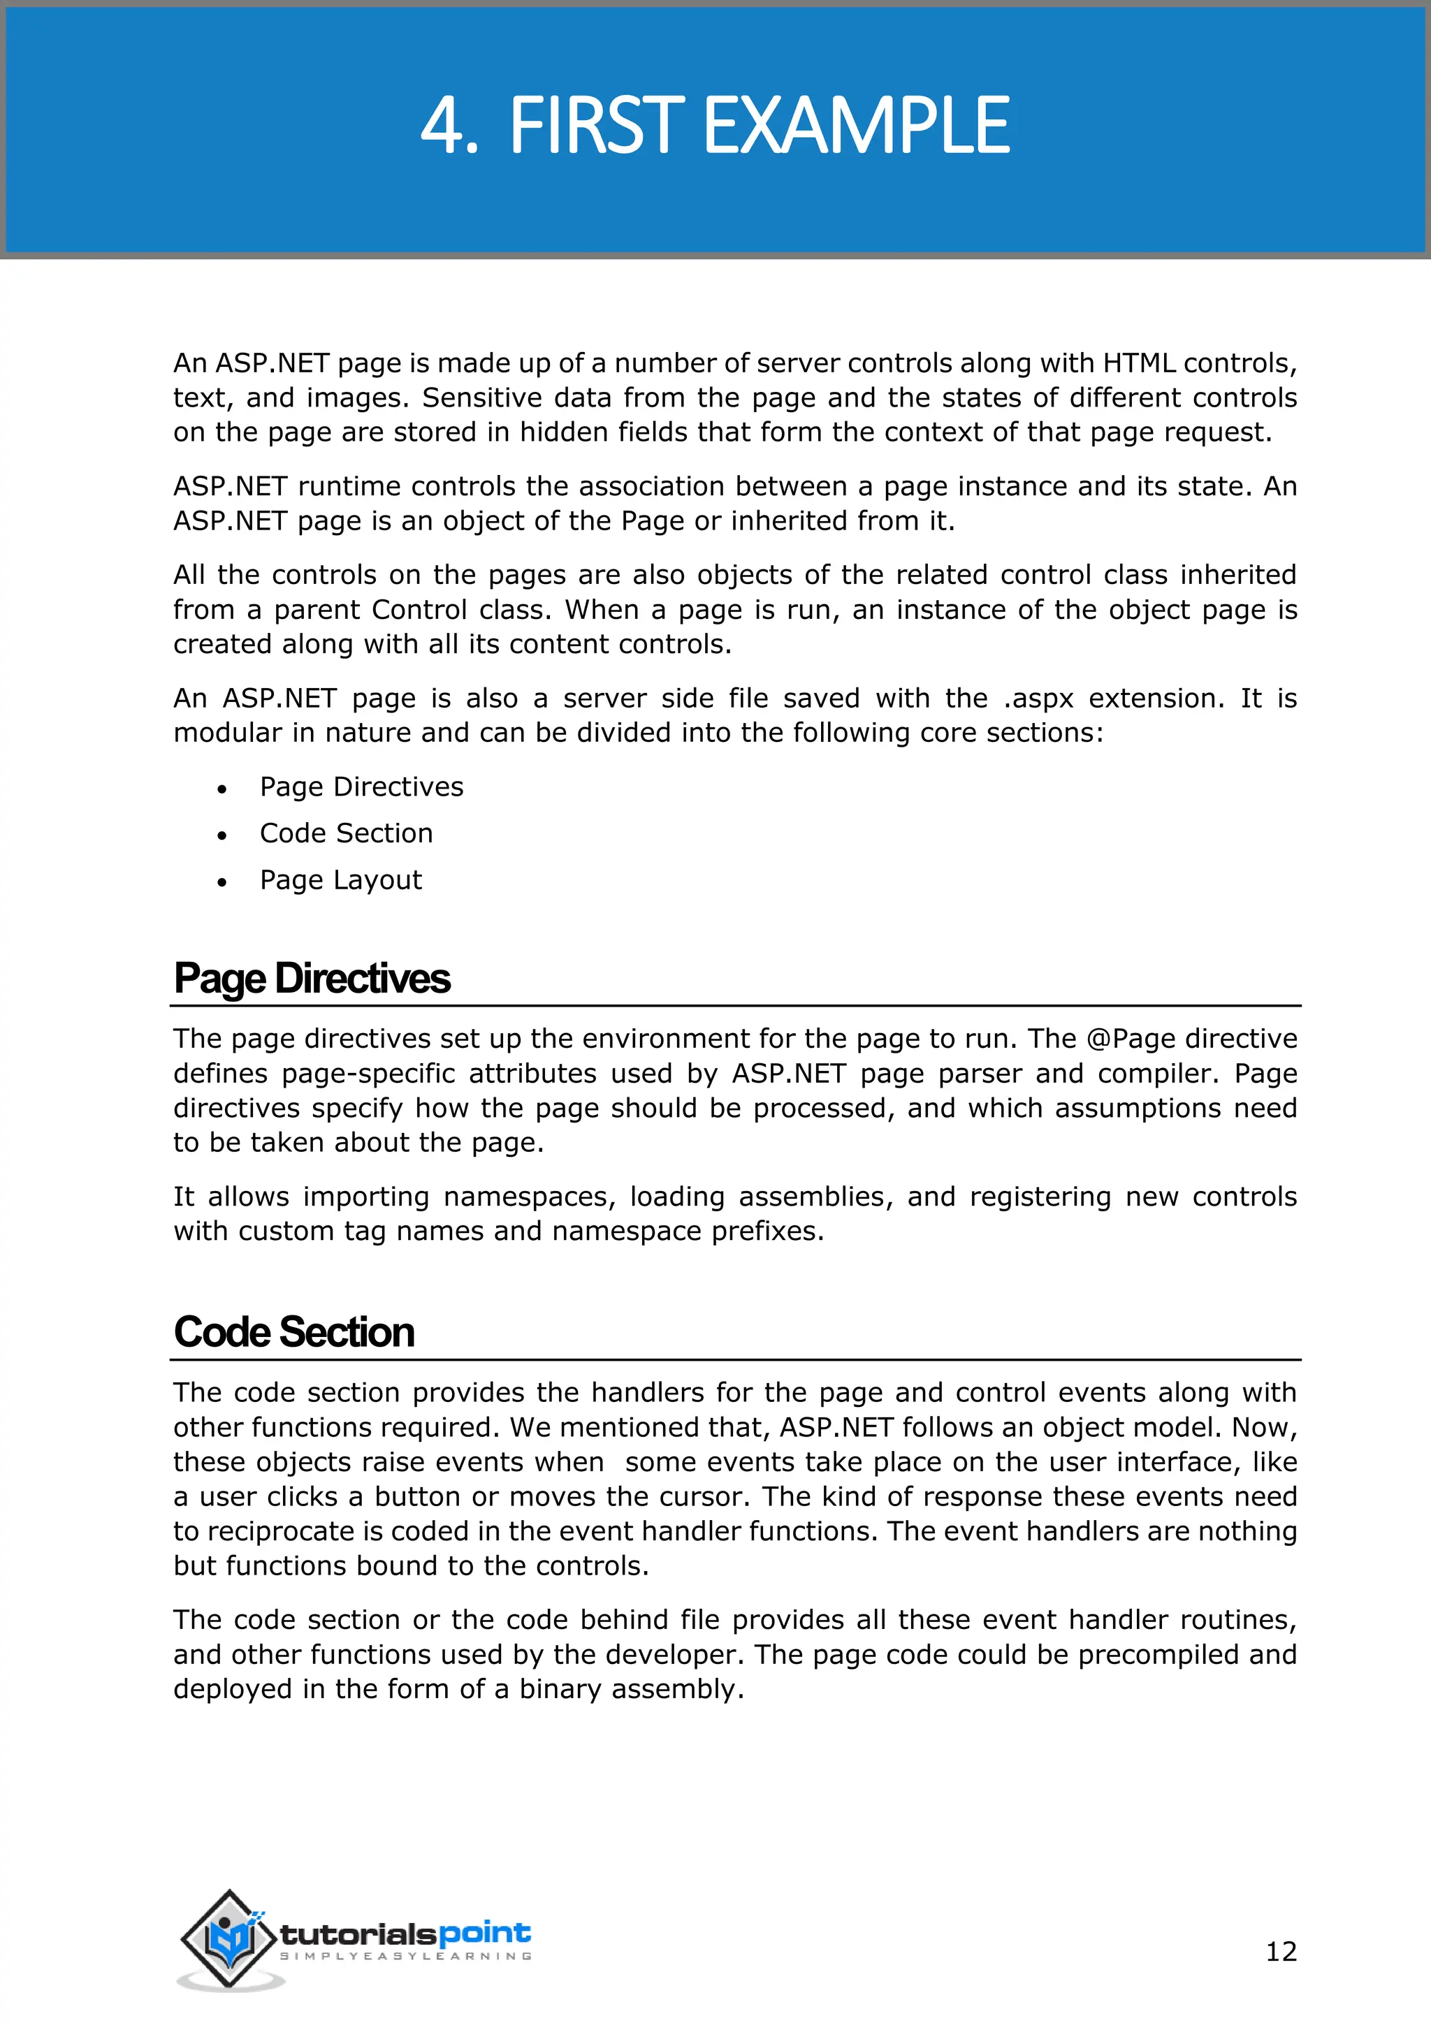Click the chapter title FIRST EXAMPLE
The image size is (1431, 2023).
pyautogui.click(x=759, y=126)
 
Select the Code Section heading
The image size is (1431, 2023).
pyautogui.click(x=293, y=1331)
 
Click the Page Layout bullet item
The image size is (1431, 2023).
pyautogui.click(x=340, y=879)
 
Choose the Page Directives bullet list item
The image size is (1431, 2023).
pyautogui.click(x=361, y=786)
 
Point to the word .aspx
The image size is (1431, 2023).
pyautogui.click(x=1038, y=699)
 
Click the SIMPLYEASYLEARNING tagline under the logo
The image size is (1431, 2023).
pyautogui.click(x=405, y=1956)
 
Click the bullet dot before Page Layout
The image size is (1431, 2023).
pyautogui.click(x=222, y=882)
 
